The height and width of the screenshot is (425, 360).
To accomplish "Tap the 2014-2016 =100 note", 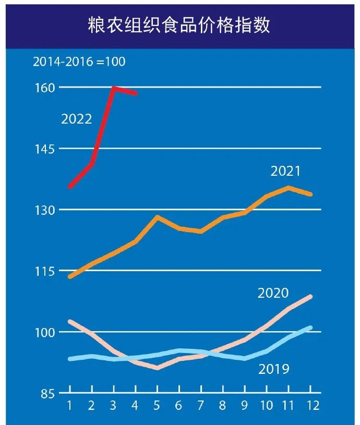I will [79, 62].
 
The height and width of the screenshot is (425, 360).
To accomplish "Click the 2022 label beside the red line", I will [77, 119].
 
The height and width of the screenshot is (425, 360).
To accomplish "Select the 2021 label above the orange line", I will [286, 171].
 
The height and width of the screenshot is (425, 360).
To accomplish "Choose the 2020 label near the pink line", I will [273, 293].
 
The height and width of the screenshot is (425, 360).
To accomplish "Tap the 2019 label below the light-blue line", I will [274, 369].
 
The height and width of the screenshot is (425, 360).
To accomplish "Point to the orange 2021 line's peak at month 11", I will [289, 187].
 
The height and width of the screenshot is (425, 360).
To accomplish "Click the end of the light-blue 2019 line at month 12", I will [310, 327].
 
